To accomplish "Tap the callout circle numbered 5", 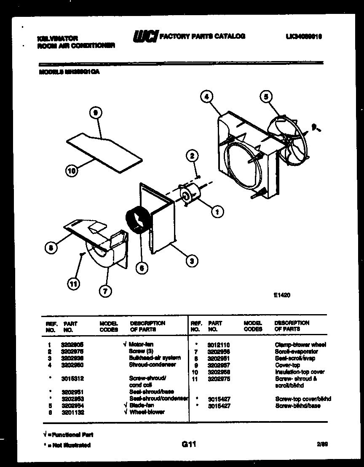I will (x=265, y=97).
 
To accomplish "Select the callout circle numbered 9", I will (x=96, y=113).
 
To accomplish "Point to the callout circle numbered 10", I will (x=72, y=171).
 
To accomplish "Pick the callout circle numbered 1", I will (x=217, y=213).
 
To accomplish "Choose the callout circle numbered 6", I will (x=143, y=267).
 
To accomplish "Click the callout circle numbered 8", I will (x=51, y=248).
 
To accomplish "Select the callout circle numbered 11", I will (x=74, y=284).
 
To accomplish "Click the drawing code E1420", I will (x=282, y=295).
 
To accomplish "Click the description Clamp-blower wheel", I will (x=300, y=344).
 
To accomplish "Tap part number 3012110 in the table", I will (x=219, y=344).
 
